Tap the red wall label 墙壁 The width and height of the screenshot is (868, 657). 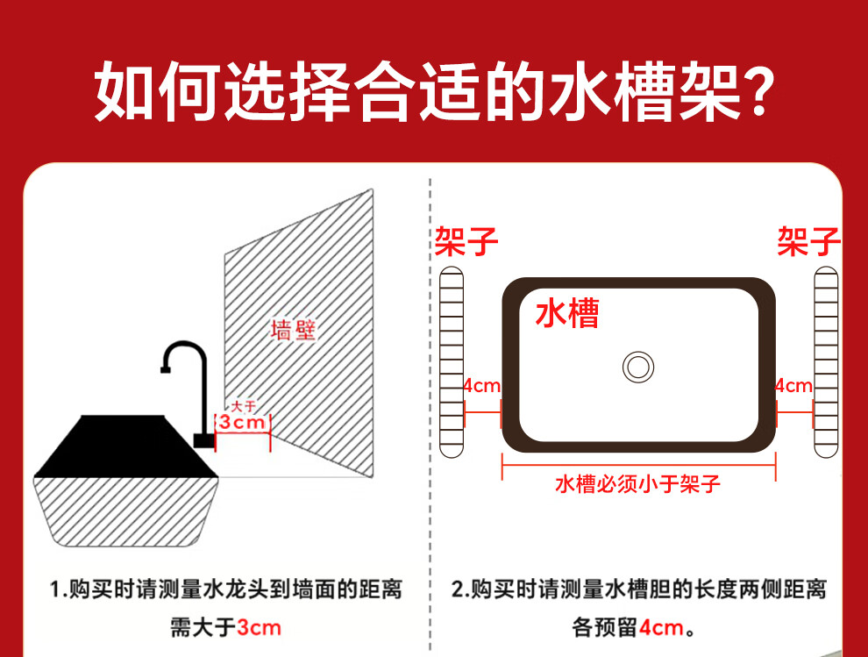point(294,330)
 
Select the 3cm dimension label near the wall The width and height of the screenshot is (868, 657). point(242,422)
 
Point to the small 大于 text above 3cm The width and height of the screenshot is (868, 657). point(243,406)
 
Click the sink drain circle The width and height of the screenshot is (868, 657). point(637,367)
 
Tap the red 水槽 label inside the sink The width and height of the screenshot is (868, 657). point(567,313)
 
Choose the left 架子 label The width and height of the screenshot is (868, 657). point(466,241)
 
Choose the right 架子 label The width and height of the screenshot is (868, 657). point(808,241)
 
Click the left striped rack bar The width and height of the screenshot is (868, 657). point(452,361)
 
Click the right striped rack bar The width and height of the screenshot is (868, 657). point(826,361)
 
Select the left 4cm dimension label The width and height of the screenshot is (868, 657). point(481,386)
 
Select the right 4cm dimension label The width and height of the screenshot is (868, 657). point(793,386)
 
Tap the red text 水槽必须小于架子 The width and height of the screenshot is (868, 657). point(637,484)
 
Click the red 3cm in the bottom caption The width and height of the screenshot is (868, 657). point(259,628)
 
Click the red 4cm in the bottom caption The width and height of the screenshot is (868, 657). point(661,628)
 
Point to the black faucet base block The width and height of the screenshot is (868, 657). point(203,441)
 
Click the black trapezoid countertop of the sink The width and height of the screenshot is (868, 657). point(125,446)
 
